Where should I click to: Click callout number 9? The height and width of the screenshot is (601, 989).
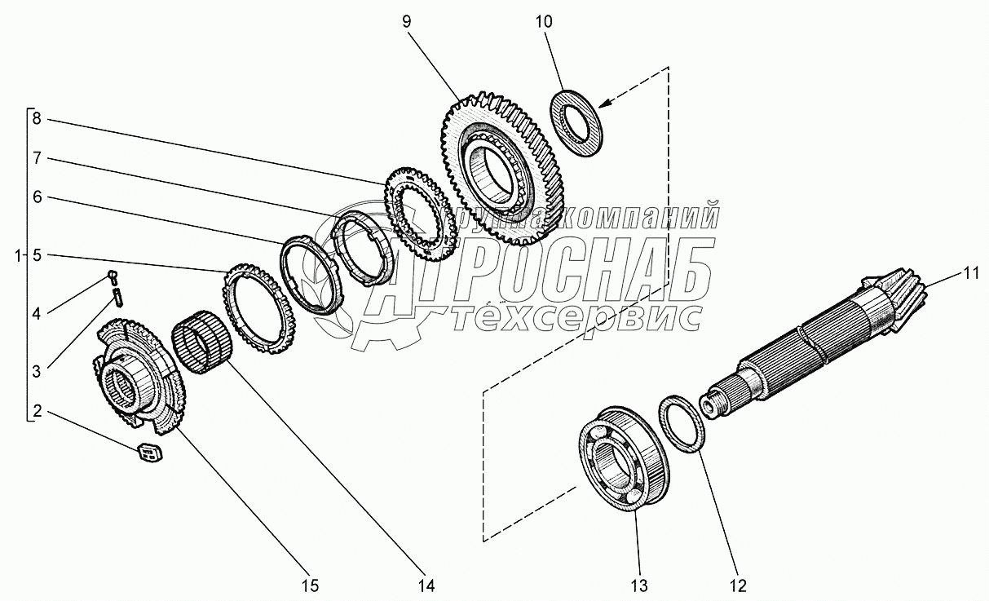pos(407,22)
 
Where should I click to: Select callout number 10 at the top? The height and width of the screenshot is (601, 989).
pos(544,22)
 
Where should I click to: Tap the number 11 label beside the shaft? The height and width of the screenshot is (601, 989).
pos(971,274)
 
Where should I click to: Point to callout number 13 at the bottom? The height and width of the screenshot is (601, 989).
pos(639,586)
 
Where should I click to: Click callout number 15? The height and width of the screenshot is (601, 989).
pos(310,586)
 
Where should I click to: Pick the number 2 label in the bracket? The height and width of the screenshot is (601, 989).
pos(37,411)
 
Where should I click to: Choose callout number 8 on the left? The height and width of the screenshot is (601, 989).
pos(37,118)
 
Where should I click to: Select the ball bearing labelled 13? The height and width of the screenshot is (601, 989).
pos(624,459)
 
